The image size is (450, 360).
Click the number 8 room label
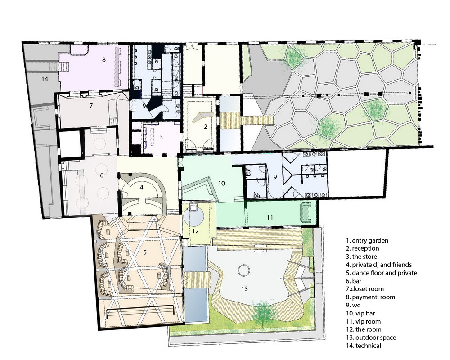pos(104,60)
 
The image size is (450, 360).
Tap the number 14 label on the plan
pos(45,79)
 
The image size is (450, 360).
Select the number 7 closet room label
pos(91,106)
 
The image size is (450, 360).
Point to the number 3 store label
pos(161,137)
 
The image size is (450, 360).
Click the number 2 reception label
pos(206,126)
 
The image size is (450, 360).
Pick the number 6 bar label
pos(102,175)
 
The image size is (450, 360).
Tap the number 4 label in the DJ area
pos(141,188)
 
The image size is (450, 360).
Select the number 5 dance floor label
pos(145,252)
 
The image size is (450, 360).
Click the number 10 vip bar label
pos(221,184)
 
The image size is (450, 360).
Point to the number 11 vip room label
pos(270,218)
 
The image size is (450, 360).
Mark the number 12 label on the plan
pos(195,231)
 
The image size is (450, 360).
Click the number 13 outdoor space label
pos(244,289)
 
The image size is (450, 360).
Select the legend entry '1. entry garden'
pos(367,241)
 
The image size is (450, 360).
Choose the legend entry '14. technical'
pos(364,346)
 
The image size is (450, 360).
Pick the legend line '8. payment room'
pos(370,297)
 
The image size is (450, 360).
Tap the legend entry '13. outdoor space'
pos(371,337)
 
